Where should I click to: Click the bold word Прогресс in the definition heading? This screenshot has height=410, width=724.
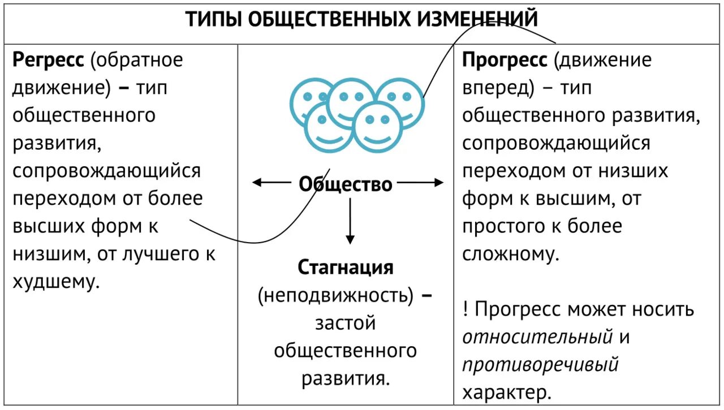(x=505, y=60)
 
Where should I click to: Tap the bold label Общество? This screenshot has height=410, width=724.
(x=345, y=184)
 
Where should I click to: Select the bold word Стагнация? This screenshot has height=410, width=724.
(x=345, y=267)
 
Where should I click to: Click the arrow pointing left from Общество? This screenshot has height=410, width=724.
(x=271, y=182)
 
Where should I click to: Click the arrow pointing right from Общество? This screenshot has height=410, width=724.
(x=420, y=182)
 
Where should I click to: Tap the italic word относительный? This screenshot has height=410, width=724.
(x=538, y=337)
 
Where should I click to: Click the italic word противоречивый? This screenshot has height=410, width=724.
(x=540, y=365)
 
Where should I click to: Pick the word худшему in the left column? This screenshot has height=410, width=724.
(x=56, y=282)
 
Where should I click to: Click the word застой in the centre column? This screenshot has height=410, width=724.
(x=345, y=323)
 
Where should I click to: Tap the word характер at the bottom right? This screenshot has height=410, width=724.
(x=507, y=392)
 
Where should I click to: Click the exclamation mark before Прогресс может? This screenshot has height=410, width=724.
(x=466, y=309)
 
